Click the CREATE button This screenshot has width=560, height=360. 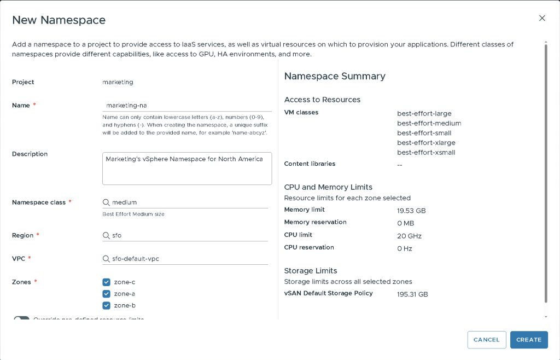coord(529,340)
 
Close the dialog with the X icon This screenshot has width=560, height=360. coord(542,18)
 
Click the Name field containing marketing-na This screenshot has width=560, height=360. coord(186,105)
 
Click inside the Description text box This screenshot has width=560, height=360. coord(186,168)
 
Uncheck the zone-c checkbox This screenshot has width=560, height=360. coord(107,282)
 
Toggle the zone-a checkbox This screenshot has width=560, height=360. coord(107,294)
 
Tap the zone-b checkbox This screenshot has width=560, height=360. coord(107,305)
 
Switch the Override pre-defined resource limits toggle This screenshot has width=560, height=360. coord(21,319)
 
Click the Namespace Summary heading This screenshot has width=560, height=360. coord(335,76)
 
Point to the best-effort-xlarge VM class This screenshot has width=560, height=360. coord(426,143)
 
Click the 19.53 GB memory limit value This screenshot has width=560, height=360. coord(411,211)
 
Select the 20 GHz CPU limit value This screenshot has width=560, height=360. coord(409,236)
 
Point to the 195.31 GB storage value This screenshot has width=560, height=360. coord(412,294)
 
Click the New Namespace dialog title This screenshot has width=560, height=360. coord(59,20)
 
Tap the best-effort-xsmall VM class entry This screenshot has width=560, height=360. coord(426,153)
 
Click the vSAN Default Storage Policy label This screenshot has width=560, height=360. coord(328,293)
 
